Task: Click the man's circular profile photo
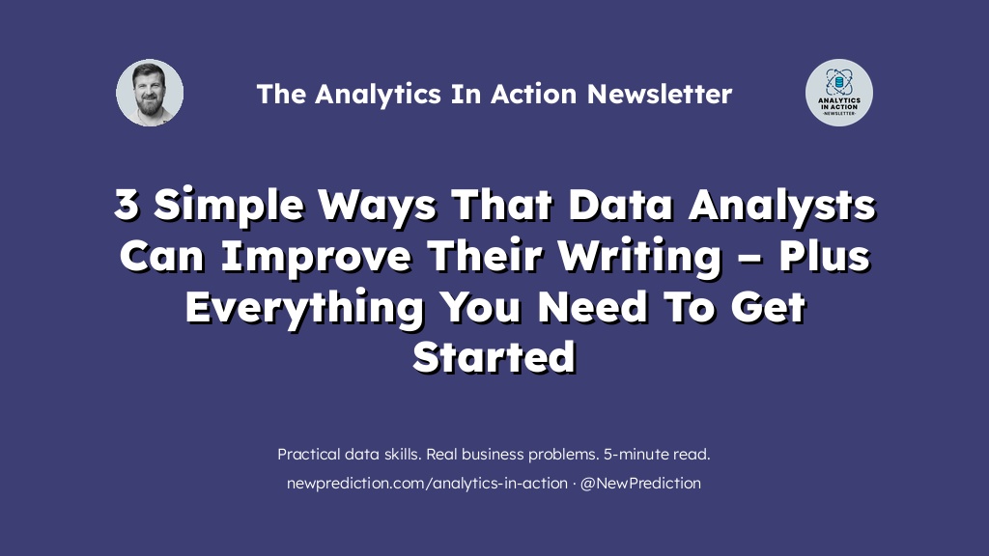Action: pyautogui.click(x=150, y=93)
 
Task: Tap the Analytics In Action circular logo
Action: pyautogui.click(x=839, y=93)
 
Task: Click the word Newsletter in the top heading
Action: pyautogui.click(x=660, y=94)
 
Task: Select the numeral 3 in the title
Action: pyautogui.click(x=127, y=205)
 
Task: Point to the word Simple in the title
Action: pyautogui.click(x=228, y=207)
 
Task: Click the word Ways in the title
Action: pyautogui.click(x=378, y=207)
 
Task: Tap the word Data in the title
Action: pyautogui.click(x=620, y=205)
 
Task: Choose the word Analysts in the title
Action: pyautogui.click(x=782, y=207)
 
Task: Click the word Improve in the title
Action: pyautogui.click(x=316, y=257)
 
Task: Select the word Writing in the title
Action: pyautogui.click(x=639, y=257)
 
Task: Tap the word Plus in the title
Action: pyautogui.click(x=825, y=255)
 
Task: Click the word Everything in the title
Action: pyautogui.click(x=304, y=308)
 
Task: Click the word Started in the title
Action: pyautogui.click(x=494, y=357)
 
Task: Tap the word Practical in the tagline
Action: pyautogui.click(x=308, y=454)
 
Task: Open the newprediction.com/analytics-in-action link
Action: pyautogui.click(x=427, y=484)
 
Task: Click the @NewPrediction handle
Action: pyautogui.click(x=640, y=484)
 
